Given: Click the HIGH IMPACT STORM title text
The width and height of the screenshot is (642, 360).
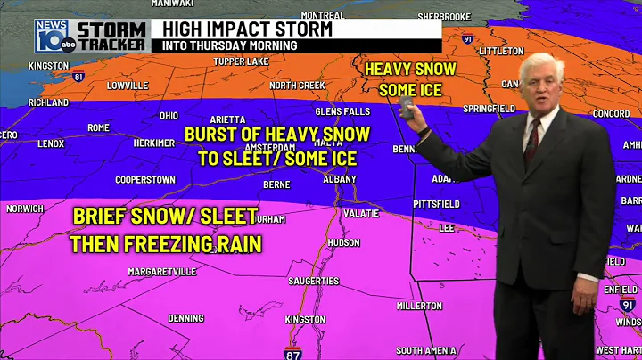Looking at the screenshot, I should [x=247, y=29].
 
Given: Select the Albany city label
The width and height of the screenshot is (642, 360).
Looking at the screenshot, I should [x=339, y=179].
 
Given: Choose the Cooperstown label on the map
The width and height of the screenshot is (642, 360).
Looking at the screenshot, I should [x=145, y=179].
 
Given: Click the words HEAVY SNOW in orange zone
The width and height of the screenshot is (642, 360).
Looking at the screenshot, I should [x=410, y=69].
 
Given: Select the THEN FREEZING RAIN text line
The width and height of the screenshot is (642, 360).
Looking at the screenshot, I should [x=167, y=243].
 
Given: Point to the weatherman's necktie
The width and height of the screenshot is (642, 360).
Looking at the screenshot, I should [x=531, y=142].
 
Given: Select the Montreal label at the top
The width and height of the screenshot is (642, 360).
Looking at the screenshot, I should [x=323, y=15].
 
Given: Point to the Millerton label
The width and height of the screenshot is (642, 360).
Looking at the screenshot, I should [x=418, y=307].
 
